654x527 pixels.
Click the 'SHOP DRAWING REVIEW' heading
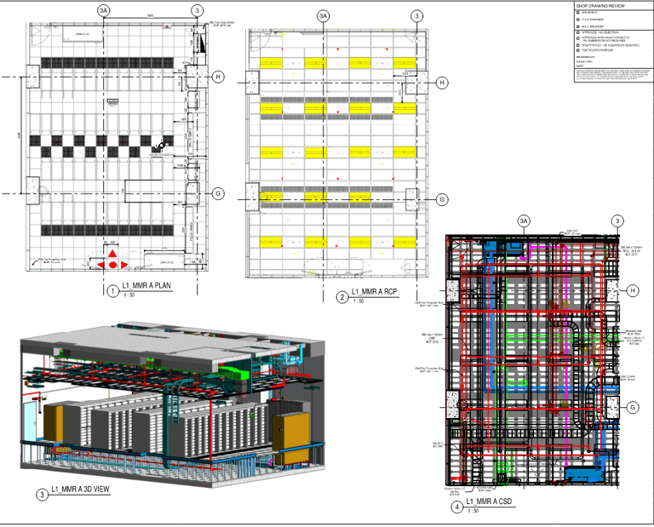[600, 5]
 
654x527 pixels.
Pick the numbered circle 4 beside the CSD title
[457, 507]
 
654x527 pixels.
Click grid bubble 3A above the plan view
[104, 10]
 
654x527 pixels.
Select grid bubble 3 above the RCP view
[416, 15]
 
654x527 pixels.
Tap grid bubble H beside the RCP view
[442, 83]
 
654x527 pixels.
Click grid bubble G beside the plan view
[218, 194]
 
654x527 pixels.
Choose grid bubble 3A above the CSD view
[524, 222]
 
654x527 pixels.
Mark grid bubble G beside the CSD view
[634, 408]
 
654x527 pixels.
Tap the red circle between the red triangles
[112, 266]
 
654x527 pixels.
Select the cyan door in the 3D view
[32, 424]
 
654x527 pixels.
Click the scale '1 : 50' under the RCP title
[356, 302]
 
